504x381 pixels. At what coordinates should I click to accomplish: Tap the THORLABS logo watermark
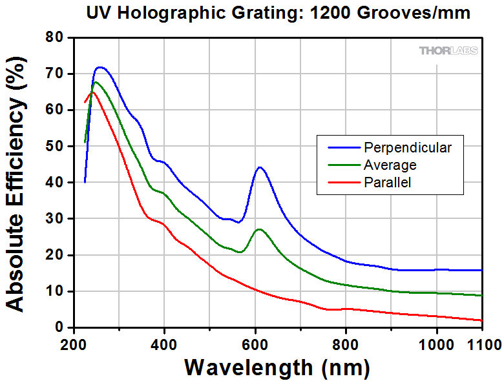tap(448, 50)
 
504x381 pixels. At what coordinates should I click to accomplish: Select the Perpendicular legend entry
tap(406, 147)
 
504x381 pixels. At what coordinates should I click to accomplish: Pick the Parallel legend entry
tap(388, 182)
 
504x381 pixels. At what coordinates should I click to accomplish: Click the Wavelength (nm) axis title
tap(277, 367)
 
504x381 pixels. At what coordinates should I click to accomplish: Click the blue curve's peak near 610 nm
tap(260, 167)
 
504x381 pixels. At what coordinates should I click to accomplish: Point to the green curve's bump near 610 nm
tap(259, 229)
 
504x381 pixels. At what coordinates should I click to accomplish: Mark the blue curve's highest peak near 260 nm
tap(101, 67)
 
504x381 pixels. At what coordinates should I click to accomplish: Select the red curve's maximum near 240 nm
tap(92, 92)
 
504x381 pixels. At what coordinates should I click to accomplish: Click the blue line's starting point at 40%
tap(85, 182)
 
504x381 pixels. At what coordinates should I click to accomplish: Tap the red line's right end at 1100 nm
tap(482, 320)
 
